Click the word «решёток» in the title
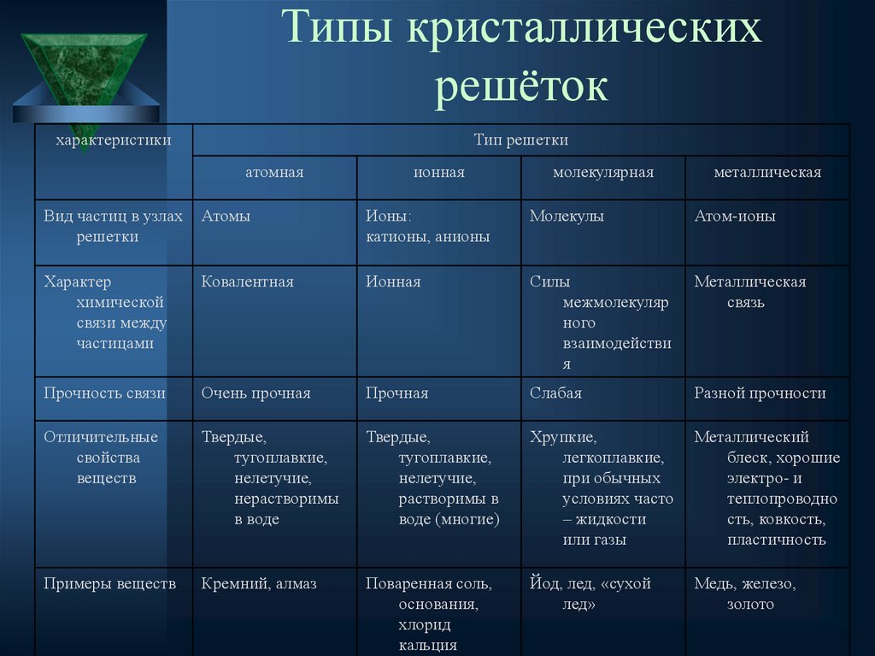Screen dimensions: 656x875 522,86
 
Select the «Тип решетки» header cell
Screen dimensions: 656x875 521,139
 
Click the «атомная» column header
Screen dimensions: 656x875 274,173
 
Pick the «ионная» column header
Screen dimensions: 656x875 439,173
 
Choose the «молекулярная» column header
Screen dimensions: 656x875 603,173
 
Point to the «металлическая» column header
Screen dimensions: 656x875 767,173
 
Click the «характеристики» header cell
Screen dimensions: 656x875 114,139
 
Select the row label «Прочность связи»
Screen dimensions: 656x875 105,393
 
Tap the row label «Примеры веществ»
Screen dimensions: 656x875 110,584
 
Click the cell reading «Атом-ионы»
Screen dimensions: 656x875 735,216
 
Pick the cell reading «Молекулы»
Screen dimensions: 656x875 567,216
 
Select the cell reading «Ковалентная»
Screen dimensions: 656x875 248,281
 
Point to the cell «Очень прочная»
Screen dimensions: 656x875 256,393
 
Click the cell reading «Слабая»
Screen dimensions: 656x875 555,393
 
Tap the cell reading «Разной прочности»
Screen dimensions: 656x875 760,393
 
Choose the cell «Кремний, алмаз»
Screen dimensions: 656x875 259,584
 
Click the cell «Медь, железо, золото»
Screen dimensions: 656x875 745,594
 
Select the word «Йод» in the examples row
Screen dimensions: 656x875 543,584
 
